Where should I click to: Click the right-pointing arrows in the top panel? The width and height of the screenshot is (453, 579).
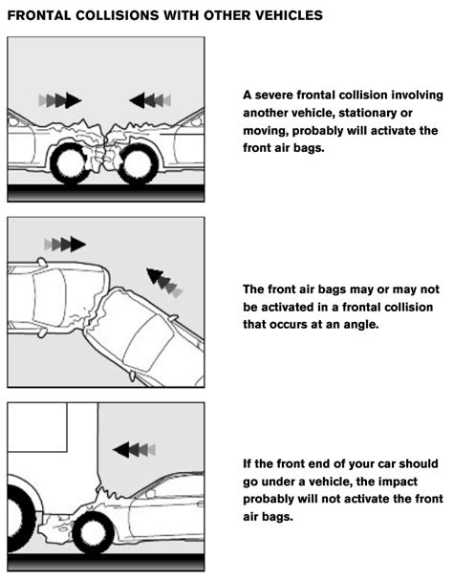pyautogui.click(x=60, y=98)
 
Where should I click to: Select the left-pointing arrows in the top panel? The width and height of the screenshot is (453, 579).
pyautogui.click(x=150, y=98)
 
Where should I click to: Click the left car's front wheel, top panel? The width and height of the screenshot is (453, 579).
pyautogui.click(x=72, y=162)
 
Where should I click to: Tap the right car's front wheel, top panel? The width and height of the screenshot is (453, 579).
pyautogui.click(x=139, y=162)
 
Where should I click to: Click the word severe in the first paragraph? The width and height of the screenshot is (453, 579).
pyautogui.click(x=278, y=96)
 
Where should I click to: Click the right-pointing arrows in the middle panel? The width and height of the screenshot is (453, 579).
pyautogui.click(x=64, y=244)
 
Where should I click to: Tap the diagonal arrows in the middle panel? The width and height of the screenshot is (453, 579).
pyautogui.click(x=162, y=283)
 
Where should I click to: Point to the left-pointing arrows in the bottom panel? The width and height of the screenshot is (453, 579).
pyautogui.click(x=133, y=448)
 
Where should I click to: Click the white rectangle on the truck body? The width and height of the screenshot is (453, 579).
pyautogui.click(x=37, y=427)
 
